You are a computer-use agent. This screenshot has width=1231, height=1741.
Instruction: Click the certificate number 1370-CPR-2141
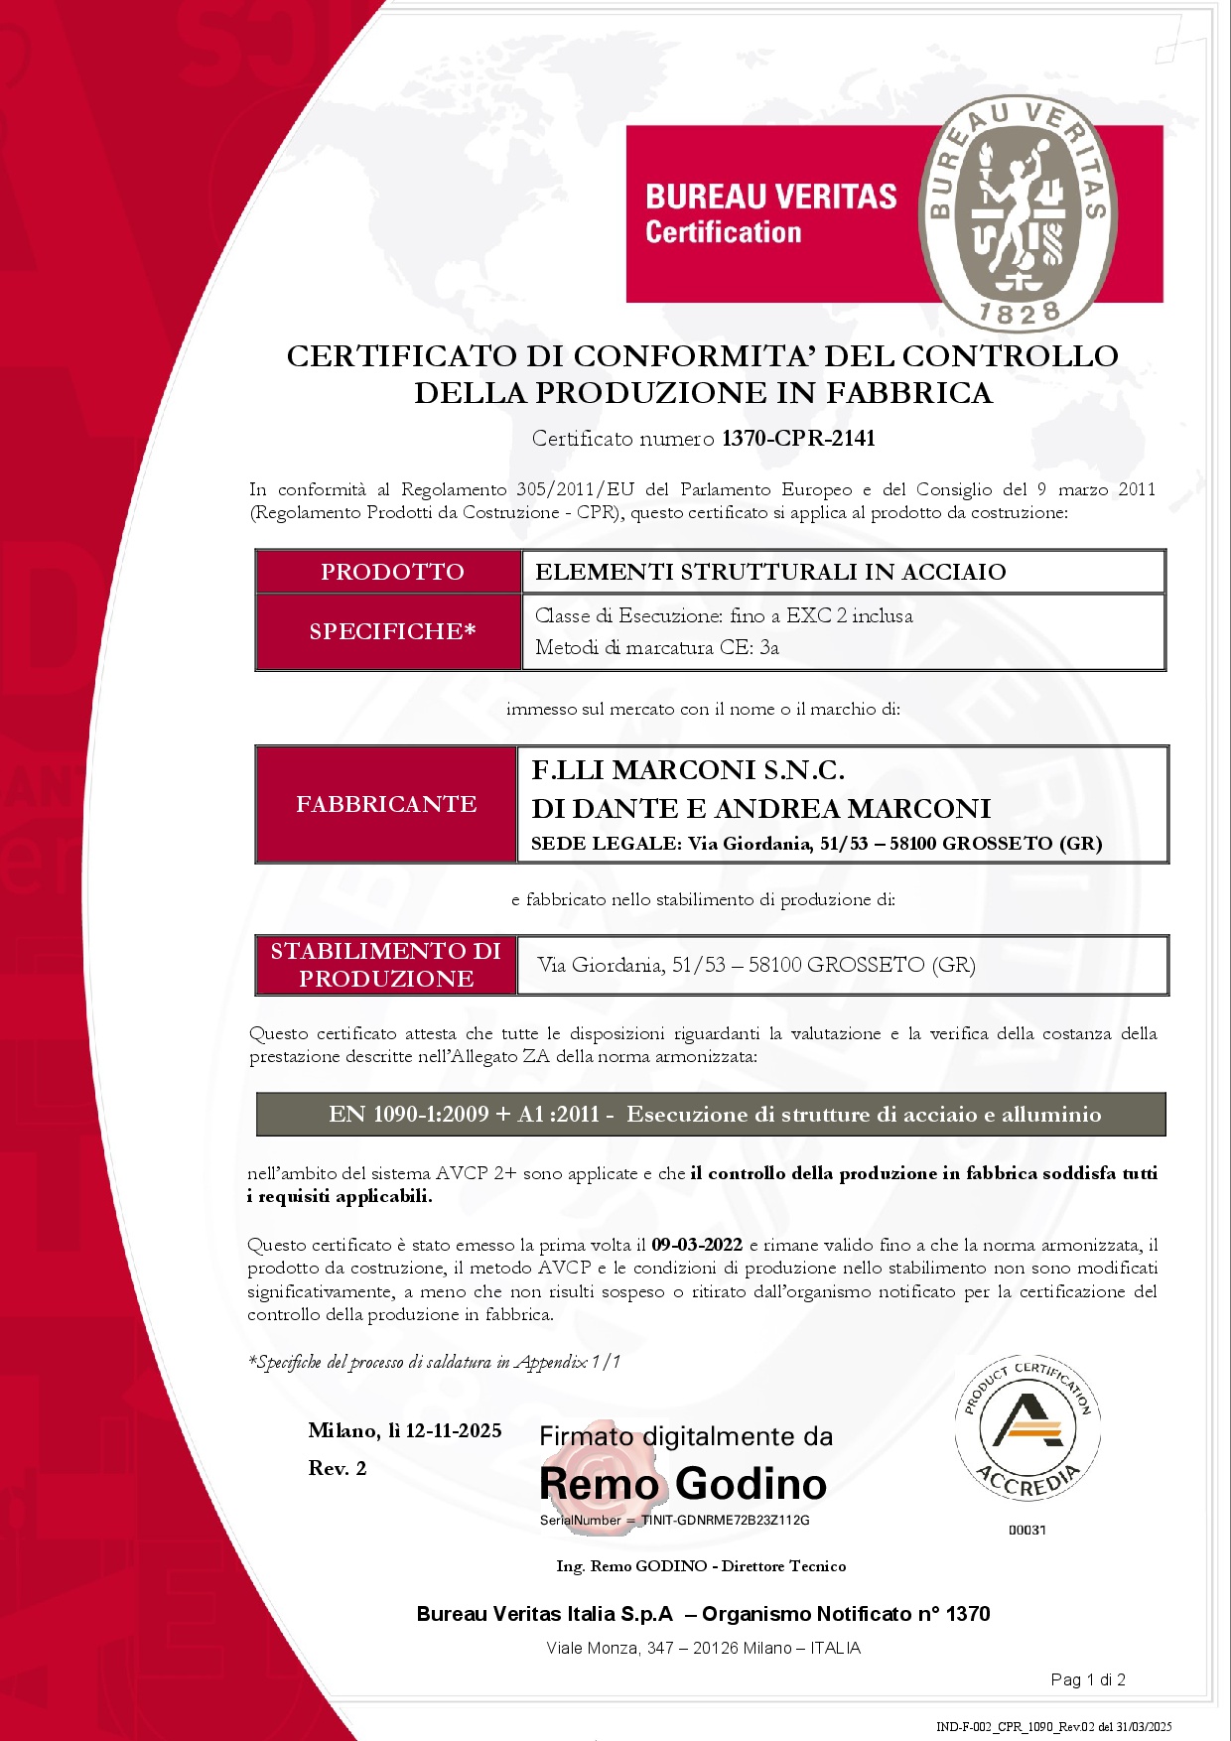tap(798, 439)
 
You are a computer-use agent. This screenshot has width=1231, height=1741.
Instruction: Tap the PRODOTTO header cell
tap(391, 572)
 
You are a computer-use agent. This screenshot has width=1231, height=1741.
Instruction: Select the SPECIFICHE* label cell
tap(391, 631)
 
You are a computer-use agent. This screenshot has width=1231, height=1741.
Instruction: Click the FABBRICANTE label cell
tap(386, 804)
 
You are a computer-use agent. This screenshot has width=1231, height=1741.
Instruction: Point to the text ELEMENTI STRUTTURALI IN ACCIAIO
tap(770, 572)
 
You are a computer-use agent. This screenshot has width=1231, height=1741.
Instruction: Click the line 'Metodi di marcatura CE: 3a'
tap(656, 648)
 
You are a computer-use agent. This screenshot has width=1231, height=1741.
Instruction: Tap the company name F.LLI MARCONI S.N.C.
tap(688, 770)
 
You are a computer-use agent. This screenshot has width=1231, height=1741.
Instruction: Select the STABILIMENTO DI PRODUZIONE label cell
tap(386, 965)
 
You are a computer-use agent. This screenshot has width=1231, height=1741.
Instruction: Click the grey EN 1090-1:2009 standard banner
tap(711, 1115)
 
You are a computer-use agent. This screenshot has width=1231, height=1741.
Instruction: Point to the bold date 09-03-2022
tap(697, 1245)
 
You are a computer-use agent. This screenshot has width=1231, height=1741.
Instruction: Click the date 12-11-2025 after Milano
tap(454, 1430)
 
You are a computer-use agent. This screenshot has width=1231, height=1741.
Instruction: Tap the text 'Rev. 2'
tap(338, 1468)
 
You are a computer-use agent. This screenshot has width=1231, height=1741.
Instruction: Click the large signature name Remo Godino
tap(683, 1484)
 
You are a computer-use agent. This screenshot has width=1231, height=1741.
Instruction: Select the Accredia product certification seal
tap(1027, 1428)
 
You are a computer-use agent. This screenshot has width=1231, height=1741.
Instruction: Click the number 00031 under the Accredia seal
tap(1027, 1530)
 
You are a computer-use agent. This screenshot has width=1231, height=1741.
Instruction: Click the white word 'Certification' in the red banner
tap(723, 232)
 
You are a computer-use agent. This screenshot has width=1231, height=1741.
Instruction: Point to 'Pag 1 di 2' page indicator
tap(1088, 1679)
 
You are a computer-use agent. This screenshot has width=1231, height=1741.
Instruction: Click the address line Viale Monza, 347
tap(703, 1648)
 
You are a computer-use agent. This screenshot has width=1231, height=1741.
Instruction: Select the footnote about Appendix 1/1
tap(434, 1362)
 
